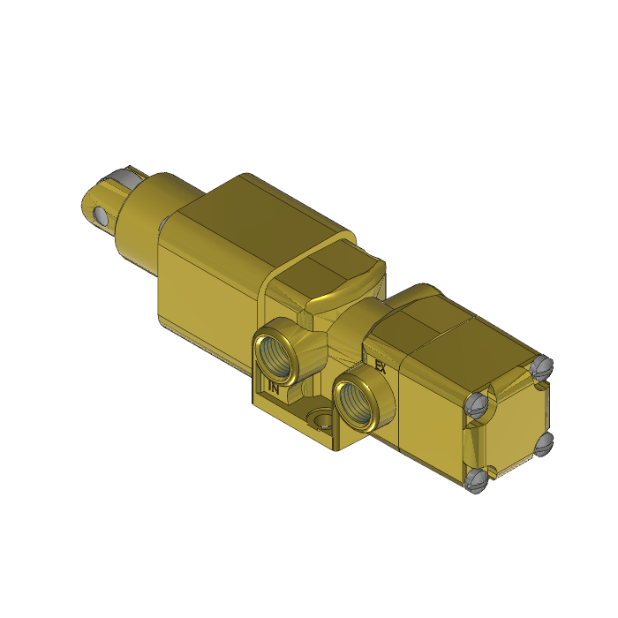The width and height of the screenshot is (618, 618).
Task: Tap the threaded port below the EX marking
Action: click(358, 400)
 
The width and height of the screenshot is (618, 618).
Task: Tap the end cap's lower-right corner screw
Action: click(543, 441)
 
